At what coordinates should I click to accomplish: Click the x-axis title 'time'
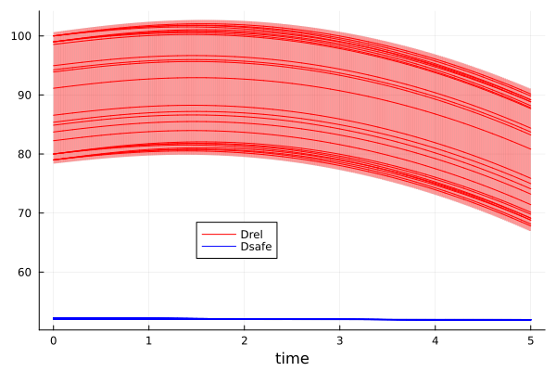(x=292, y=358)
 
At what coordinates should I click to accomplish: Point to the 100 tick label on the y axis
(x=22, y=36)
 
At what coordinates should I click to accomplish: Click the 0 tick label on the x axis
(x=53, y=339)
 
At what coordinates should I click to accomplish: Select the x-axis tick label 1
(x=148, y=339)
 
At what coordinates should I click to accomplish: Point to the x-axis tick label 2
(x=244, y=339)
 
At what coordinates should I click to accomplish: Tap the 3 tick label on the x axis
(x=339, y=339)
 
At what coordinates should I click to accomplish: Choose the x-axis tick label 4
(x=435, y=339)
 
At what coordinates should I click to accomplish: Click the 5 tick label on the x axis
(x=530, y=339)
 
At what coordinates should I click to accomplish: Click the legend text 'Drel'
(x=251, y=233)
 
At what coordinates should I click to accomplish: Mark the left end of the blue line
(x=54, y=318)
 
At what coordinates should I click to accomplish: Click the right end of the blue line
(x=530, y=320)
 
